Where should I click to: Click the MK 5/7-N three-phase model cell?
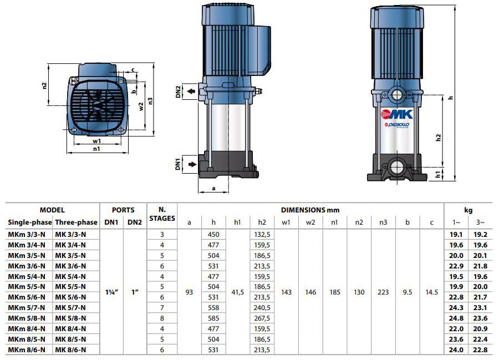click(x=70, y=308)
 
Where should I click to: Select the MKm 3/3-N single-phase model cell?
click(x=27, y=235)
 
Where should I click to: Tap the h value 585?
click(x=213, y=318)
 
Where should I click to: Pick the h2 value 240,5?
click(x=262, y=308)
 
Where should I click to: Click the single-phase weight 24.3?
click(x=456, y=308)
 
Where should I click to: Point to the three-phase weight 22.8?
click(x=480, y=350)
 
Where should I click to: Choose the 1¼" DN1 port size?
click(x=111, y=292)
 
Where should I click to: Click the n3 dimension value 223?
click(x=383, y=292)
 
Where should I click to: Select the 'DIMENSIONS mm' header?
click(x=310, y=210)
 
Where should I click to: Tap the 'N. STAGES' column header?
click(x=162, y=214)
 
